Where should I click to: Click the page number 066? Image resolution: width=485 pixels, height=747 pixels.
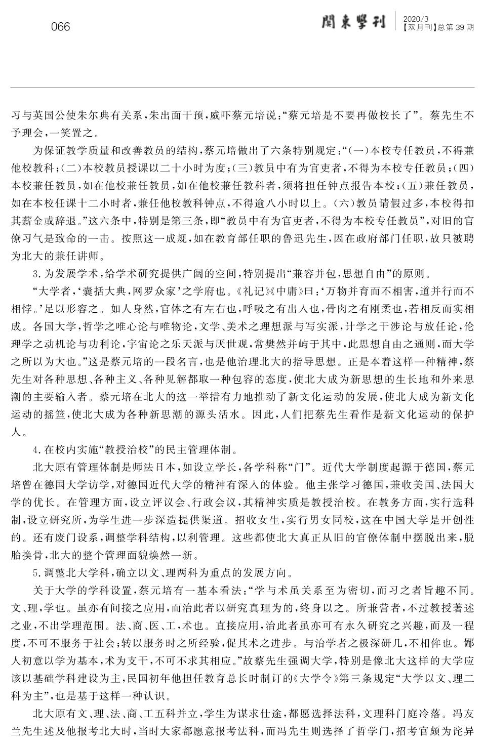point(61,27)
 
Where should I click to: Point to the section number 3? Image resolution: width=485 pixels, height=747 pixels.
point(35,275)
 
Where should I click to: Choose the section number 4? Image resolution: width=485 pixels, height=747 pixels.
point(35,450)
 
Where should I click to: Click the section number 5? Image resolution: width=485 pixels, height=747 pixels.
point(35,573)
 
